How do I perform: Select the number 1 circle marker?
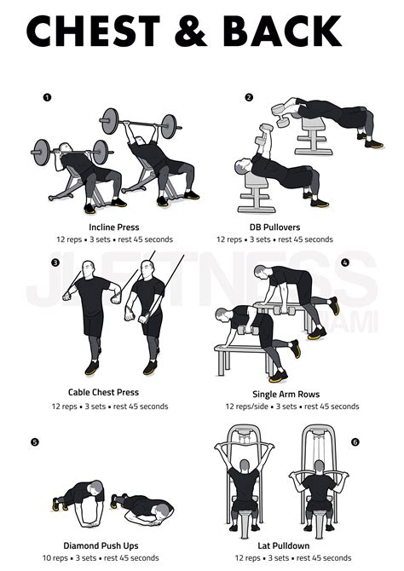(47, 97)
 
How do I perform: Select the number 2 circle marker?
(249, 97)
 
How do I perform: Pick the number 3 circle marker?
(55, 262)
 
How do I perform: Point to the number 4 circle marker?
(345, 262)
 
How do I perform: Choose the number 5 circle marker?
(33, 441)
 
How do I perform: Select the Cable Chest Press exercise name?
(103, 393)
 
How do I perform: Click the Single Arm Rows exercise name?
(291, 394)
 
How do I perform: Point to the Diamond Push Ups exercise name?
(101, 545)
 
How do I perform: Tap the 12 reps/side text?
(245, 407)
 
